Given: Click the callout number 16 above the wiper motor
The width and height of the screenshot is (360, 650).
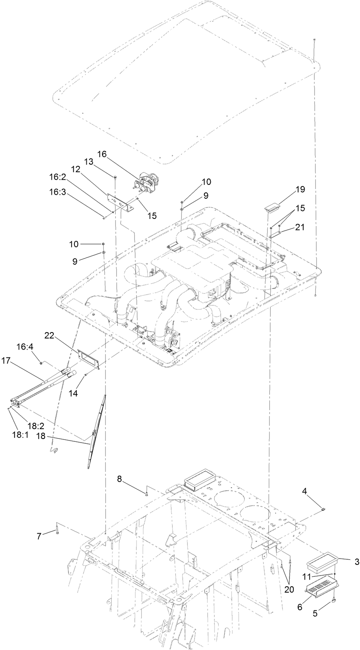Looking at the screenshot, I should (x=102, y=154).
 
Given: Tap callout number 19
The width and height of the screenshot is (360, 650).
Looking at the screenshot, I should (x=300, y=189).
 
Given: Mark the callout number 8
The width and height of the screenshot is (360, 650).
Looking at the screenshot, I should (x=119, y=479).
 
